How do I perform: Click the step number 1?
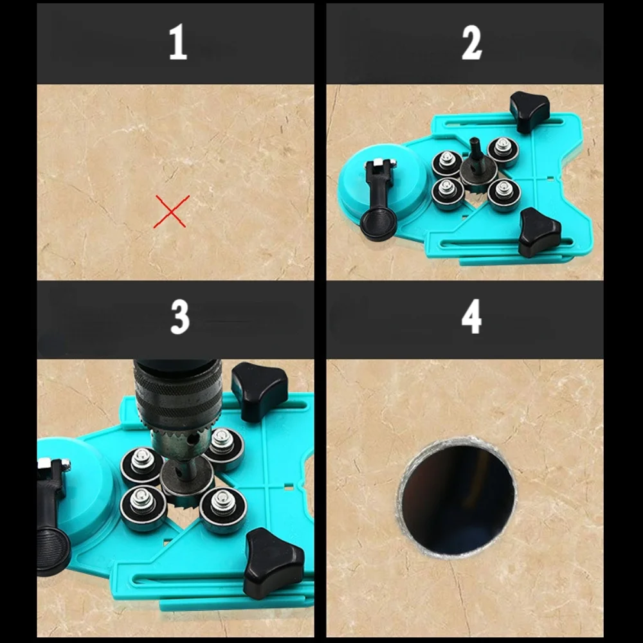click(x=178, y=42)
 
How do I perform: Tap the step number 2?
click(x=471, y=42)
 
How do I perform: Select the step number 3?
click(x=180, y=317)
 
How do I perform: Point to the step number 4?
click(x=471, y=316)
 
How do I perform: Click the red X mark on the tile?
click(x=172, y=211)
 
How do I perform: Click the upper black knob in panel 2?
click(x=529, y=111)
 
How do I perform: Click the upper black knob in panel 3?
click(x=259, y=390)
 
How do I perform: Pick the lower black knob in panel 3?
click(x=273, y=563)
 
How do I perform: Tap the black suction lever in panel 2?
click(x=378, y=199)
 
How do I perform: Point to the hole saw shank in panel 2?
click(x=476, y=151)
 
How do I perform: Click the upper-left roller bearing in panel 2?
click(x=448, y=163)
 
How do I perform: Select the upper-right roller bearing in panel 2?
click(x=502, y=151)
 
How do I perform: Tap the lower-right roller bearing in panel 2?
click(x=504, y=194)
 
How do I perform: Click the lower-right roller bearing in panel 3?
click(x=223, y=510)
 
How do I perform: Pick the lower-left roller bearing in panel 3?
click(x=143, y=508)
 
